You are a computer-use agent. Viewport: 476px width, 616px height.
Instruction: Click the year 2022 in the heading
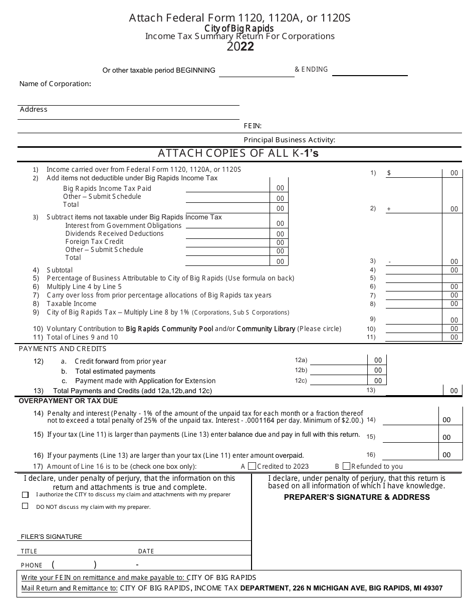[240, 47]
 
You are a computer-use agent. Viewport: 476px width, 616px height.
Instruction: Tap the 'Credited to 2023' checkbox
[252, 466]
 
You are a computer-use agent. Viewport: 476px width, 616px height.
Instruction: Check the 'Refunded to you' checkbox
[346, 466]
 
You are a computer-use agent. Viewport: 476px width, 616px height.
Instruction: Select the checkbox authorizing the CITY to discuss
[25, 495]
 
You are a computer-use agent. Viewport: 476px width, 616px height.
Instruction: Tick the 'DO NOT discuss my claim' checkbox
[25, 506]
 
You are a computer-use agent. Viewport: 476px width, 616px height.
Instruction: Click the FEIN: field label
[253, 126]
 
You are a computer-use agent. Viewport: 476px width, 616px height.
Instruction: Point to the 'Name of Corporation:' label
[55, 84]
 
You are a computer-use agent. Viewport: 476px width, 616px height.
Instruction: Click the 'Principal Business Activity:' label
[289, 140]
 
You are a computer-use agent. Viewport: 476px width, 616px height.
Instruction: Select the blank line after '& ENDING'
[370, 72]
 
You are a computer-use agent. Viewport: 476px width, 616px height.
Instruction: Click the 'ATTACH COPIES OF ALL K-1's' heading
[238, 153]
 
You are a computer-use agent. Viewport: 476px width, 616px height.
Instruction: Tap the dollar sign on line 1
[389, 173]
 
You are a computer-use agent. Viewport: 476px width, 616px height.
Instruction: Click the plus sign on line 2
[389, 209]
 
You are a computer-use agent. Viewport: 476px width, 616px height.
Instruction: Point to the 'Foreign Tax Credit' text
[94, 241]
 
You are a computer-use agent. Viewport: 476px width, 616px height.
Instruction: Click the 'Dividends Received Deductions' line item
[107, 233]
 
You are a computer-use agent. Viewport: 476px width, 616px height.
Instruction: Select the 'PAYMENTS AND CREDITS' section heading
[63, 349]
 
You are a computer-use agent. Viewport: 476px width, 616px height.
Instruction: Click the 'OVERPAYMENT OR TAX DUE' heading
[68, 401]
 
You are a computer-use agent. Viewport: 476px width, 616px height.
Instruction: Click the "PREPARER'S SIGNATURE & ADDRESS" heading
[357, 497]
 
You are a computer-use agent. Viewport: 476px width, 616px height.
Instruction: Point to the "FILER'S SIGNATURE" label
[51, 536]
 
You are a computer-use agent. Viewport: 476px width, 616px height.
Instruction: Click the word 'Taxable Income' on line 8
[71, 303]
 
